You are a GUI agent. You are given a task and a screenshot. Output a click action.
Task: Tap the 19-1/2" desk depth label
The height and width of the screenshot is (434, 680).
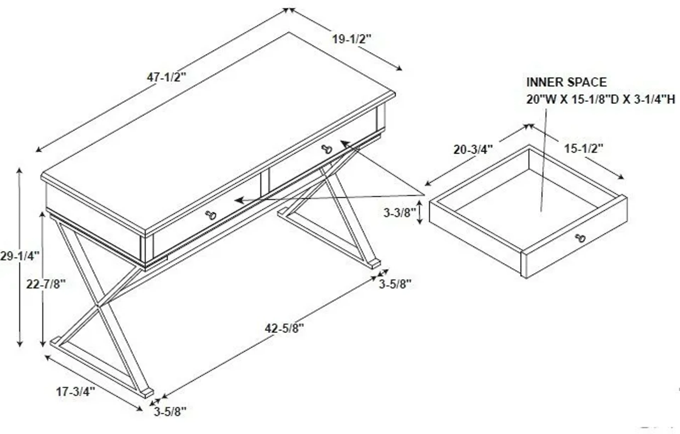351,39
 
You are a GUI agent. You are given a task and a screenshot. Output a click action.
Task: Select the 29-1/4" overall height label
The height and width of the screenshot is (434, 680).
19,256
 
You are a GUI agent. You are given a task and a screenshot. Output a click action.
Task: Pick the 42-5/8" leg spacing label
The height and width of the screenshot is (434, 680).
284,328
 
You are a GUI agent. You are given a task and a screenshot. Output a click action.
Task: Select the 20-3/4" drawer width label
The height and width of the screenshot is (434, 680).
473,150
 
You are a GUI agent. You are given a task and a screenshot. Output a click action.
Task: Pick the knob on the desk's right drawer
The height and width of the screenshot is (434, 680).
327,149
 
